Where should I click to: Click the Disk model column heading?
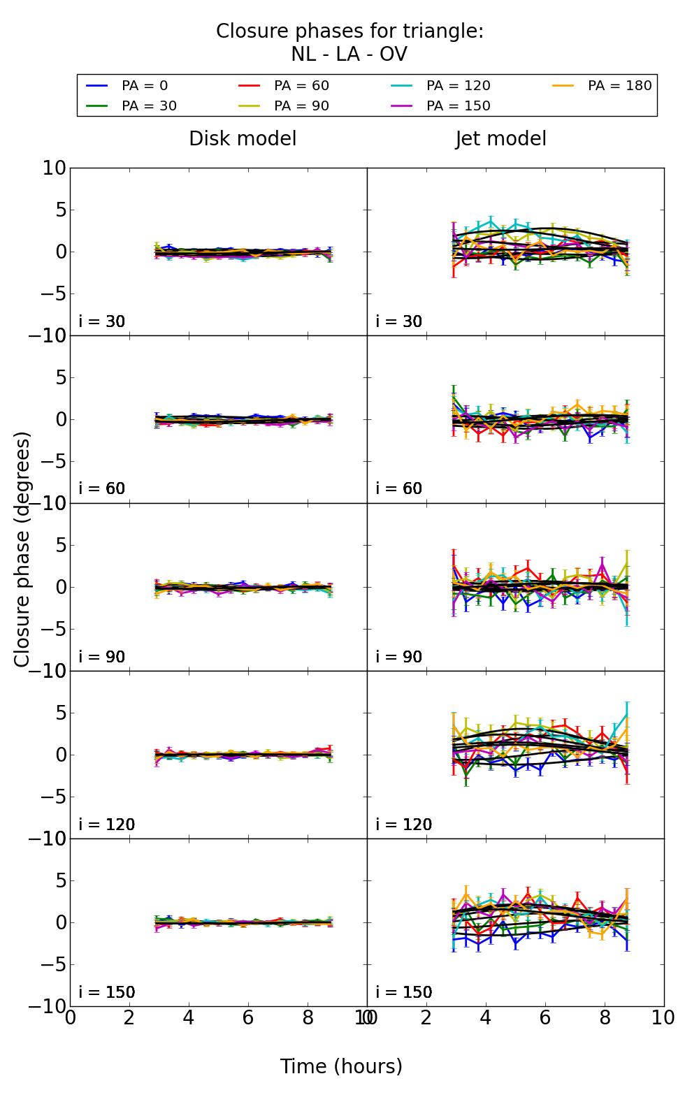click(243, 139)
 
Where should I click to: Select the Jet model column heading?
click(501, 139)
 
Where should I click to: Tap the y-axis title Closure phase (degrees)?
click(22, 549)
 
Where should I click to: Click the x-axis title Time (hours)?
click(341, 1066)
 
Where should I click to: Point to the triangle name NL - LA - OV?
click(349, 55)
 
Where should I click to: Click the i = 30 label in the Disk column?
click(102, 321)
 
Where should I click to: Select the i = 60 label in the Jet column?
click(399, 488)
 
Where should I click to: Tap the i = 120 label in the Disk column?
click(106, 825)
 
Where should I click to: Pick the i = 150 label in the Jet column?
click(403, 992)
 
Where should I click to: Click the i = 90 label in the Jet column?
click(399, 657)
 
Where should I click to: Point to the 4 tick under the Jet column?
click(486, 1018)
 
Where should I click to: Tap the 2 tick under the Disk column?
click(129, 1018)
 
